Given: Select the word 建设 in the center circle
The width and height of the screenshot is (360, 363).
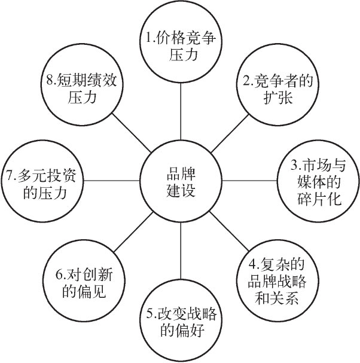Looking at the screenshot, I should pos(181,192).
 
